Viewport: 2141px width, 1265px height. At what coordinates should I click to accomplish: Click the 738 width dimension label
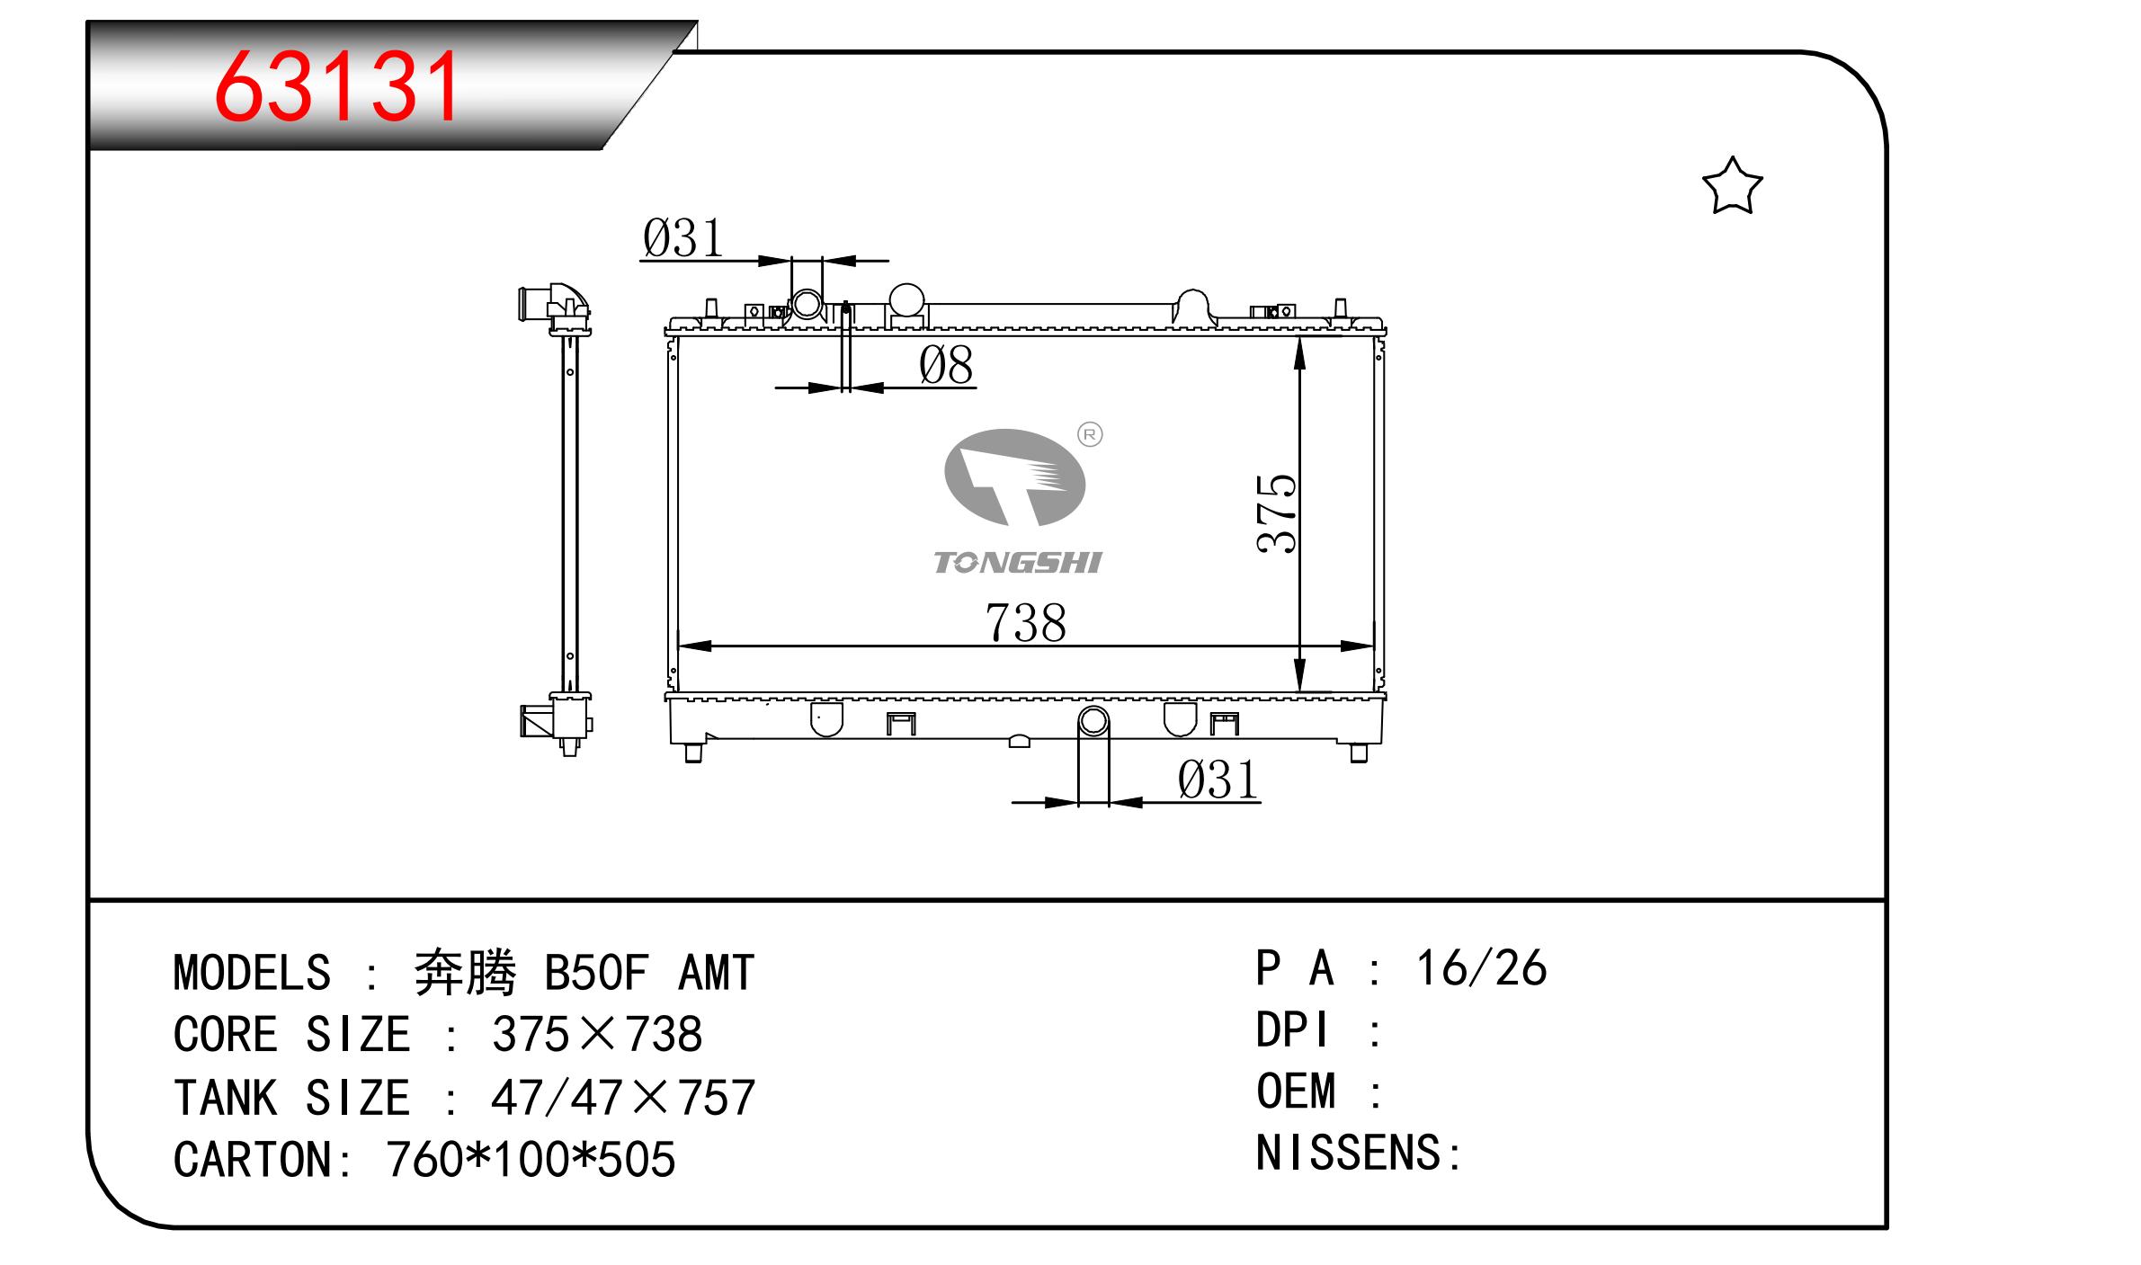pyautogui.click(x=1025, y=622)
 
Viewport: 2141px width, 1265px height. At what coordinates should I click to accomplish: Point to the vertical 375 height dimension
pyautogui.click(x=1277, y=512)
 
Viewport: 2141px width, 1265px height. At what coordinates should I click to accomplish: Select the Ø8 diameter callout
pyautogui.click(x=946, y=366)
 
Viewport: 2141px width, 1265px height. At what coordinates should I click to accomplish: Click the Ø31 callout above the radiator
pyautogui.click(x=682, y=238)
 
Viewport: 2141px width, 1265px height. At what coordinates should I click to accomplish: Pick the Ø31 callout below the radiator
pyautogui.click(x=1218, y=779)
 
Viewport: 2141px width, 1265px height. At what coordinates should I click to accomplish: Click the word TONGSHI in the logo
pyautogui.click(x=1017, y=563)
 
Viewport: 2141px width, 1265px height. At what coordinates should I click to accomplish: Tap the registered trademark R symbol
pyautogui.click(x=1090, y=435)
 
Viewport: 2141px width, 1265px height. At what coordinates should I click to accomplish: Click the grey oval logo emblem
pyautogui.click(x=1014, y=478)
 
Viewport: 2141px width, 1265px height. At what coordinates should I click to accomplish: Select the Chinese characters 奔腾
pyautogui.click(x=465, y=973)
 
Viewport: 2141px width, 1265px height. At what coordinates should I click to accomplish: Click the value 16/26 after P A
pyautogui.click(x=1481, y=968)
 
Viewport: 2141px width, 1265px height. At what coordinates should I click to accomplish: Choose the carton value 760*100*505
pyautogui.click(x=531, y=1159)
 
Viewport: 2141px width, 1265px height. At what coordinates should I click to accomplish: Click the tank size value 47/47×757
pyautogui.click(x=623, y=1098)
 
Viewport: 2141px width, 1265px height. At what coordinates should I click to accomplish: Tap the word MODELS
pyautogui.click(x=252, y=973)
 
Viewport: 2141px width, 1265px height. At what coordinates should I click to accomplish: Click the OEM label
pyautogui.click(x=1296, y=1091)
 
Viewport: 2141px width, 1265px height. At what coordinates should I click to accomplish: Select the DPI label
pyautogui.click(x=1292, y=1029)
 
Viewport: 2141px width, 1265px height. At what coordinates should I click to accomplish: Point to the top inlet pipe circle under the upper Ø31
pyautogui.click(x=807, y=304)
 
